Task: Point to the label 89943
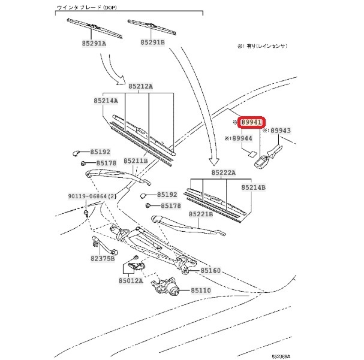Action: point(280,131)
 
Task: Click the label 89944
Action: point(242,138)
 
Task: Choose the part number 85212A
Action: point(140,86)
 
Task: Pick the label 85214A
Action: point(106,101)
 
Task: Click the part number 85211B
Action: point(136,161)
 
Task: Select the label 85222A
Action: point(222,173)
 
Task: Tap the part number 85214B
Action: point(253,187)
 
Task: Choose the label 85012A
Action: point(131,279)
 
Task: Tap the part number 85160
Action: point(210,271)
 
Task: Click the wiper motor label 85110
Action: point(202,291)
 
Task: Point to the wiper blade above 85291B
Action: point(153,26)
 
